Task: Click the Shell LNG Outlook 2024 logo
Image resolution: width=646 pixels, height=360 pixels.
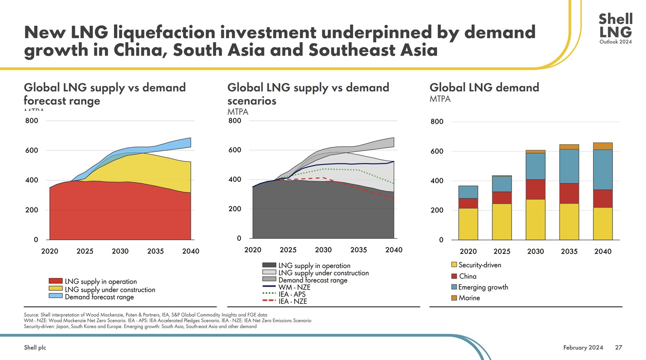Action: click(x=615, y=28)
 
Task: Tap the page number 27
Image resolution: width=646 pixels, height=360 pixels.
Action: click(x=618, y=348)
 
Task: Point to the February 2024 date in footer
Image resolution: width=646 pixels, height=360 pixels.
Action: click(x=583, y=348)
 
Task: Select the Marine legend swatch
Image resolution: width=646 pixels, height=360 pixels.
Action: click(x=454, y=298)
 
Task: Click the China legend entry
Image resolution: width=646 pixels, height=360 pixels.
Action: click(x=468, y=276)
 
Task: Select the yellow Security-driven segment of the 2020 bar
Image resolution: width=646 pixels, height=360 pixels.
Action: click(x=468, y=224)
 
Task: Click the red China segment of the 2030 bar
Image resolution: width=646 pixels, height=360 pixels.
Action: click(x=535, y=189)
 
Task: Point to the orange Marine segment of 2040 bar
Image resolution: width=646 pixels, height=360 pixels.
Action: click(x=603, y=146)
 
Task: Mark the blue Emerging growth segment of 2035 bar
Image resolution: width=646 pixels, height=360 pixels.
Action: click(x=569, y=166)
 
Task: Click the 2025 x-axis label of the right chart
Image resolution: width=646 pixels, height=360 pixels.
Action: click(x=501, y=251)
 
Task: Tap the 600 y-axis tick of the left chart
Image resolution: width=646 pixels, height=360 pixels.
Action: click(x=31, y=150)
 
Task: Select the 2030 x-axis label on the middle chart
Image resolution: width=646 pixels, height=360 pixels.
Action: click(x=323, y=250)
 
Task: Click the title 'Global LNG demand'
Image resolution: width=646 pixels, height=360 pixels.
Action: click(x=484, y=87)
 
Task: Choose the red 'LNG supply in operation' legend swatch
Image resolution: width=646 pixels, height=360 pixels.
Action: click(x=55, y=281)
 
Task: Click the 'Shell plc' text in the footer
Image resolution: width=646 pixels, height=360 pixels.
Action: click(x=35, y=348)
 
